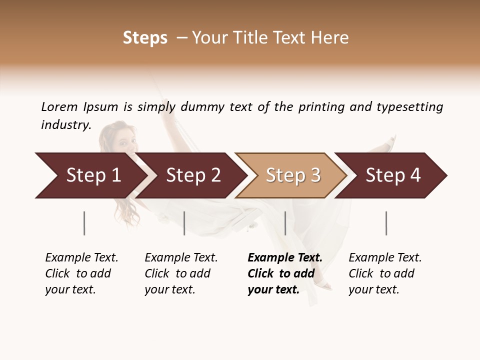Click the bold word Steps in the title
coord(145,38)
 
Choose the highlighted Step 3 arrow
coord(293,175)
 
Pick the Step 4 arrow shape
coord(393,175)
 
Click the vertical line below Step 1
coord(84,223)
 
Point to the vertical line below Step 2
coord(184,223)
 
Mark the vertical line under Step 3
coord(285,223)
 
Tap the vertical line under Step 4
coord(386,223)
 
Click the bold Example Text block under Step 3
coord(285,273)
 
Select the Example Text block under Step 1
coord(81,273)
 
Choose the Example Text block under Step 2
coord(181,273)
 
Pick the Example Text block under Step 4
coord(385,273)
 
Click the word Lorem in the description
coord(59,107)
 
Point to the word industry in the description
coord(65,125)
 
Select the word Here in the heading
coord(331,38)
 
